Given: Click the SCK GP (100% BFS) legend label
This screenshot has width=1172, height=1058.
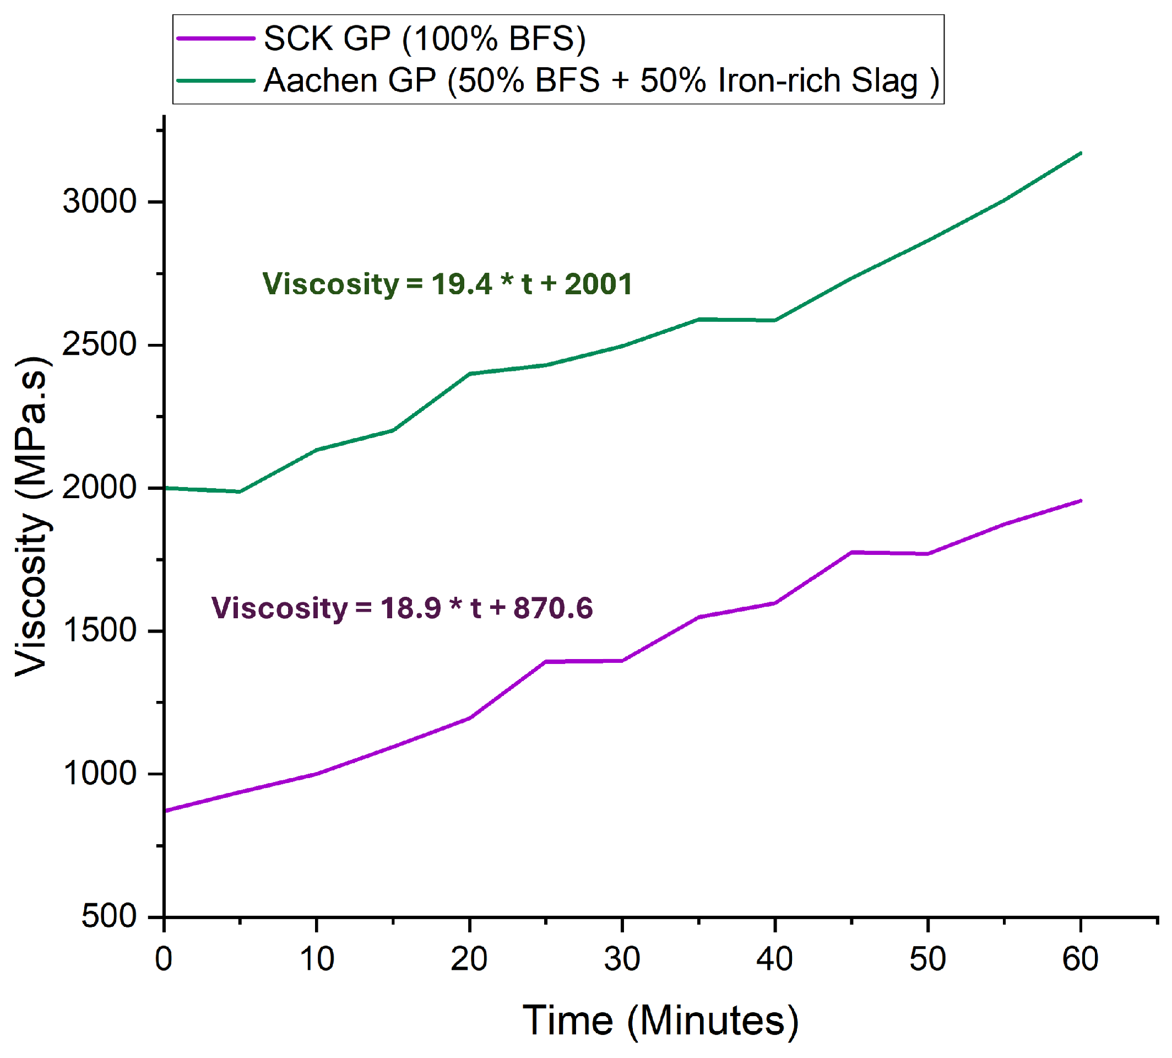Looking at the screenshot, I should tap(424, 39).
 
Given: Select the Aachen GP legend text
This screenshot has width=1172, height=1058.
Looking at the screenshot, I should tap(601, 80).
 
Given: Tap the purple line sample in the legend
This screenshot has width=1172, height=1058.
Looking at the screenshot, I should tap(215, 39).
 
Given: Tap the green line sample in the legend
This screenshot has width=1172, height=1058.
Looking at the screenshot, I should tap(215, 80).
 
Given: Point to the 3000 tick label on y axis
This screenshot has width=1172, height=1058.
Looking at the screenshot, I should tap(99, 202).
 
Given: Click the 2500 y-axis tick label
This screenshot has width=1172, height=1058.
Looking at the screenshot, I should tap(99, 345).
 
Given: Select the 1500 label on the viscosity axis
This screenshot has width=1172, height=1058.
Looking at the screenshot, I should tap(99, 631).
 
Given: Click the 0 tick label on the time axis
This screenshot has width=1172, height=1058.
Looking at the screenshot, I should tap(164, 959).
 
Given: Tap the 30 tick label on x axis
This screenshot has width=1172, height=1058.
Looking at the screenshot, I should tap(622, 959).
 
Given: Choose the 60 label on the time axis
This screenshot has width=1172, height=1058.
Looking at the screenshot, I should tap(1079, 959).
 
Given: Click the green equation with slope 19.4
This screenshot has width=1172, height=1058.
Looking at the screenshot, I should tap(447, 284).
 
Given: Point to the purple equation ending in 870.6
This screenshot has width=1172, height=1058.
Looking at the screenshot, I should tap(401, 608).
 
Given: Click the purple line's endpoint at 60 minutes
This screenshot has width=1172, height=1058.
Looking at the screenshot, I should tap(1079, 500).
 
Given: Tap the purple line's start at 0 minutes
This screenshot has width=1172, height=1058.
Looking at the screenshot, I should tap(166, 811).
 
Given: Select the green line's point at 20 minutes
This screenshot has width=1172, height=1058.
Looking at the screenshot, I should tap(469, 373).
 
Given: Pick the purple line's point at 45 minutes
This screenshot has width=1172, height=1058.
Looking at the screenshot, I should tap(851, 552).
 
